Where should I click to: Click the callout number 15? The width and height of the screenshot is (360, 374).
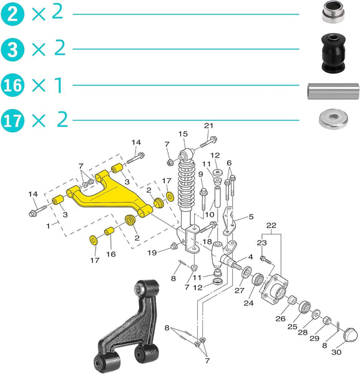pos(183,134)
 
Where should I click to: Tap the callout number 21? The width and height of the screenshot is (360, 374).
pos(208,126)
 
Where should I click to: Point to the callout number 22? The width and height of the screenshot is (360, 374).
pos(271,225)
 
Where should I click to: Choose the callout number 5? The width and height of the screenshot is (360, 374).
pos(250,217)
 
